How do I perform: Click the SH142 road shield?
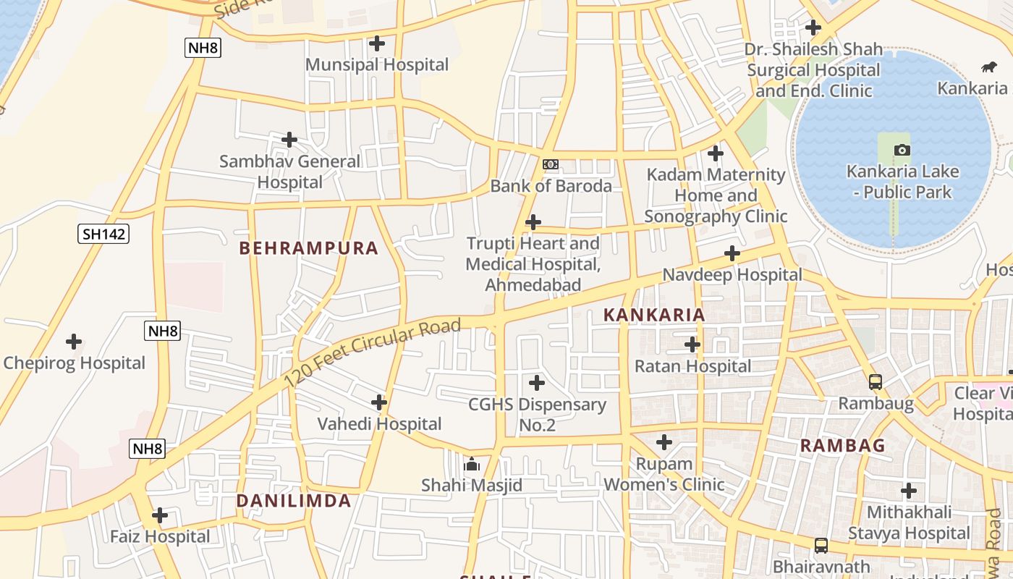103,234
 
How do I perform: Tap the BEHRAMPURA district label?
309,248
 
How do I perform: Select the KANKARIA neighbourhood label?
654,315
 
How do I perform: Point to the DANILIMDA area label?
294,501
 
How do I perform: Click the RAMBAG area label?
842,446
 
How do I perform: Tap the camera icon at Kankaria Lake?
902,150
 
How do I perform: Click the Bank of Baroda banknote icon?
551,164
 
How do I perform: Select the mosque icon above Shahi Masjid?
472,464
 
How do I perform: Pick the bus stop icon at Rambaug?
875,381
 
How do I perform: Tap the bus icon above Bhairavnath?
821,545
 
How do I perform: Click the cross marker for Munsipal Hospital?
376,43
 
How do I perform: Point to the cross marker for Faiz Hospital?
160,515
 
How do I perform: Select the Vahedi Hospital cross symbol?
378,402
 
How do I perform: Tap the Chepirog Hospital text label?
74,363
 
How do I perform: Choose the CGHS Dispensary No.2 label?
537,414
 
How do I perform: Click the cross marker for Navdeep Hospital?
732,253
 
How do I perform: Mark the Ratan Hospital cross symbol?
692,345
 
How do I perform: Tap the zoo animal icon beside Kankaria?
988,67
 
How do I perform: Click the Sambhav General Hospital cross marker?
289,139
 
